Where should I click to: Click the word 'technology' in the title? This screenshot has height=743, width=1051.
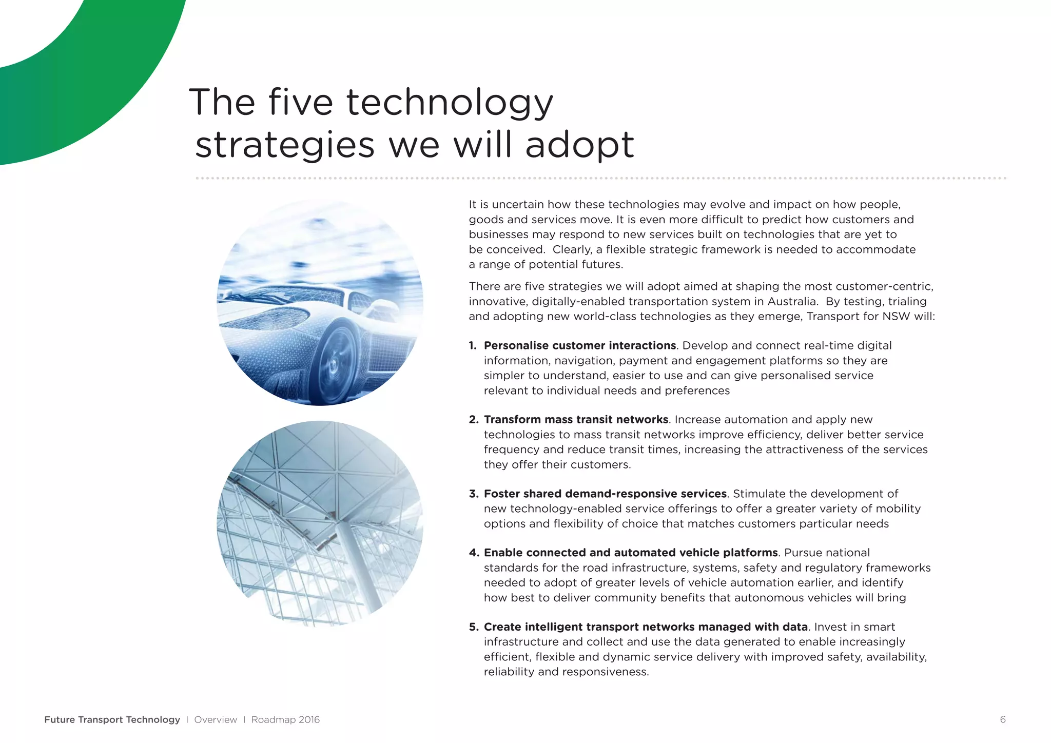(450, 103)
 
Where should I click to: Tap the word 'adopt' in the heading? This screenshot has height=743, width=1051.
(579, 145)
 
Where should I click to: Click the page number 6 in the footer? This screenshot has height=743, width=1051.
(1003, 719)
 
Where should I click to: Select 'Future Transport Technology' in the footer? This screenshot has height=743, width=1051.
(112, 719)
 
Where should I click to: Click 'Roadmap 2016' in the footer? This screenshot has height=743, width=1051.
(285, 719)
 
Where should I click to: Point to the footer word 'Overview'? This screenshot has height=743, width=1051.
(216, 719)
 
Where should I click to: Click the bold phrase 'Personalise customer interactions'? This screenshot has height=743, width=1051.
(580, 346)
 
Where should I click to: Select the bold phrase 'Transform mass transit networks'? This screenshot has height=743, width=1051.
(576, 420)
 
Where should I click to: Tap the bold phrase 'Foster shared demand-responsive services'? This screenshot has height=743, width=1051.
(605, 494)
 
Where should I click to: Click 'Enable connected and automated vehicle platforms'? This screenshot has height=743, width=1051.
(631, 553)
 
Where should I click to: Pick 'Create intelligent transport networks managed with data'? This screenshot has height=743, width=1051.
(646, 627)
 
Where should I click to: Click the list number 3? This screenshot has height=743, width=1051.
(473, 494)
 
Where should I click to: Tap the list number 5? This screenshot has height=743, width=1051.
(473, 627)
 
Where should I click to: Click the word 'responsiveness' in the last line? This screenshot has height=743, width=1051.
(606, 672)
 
